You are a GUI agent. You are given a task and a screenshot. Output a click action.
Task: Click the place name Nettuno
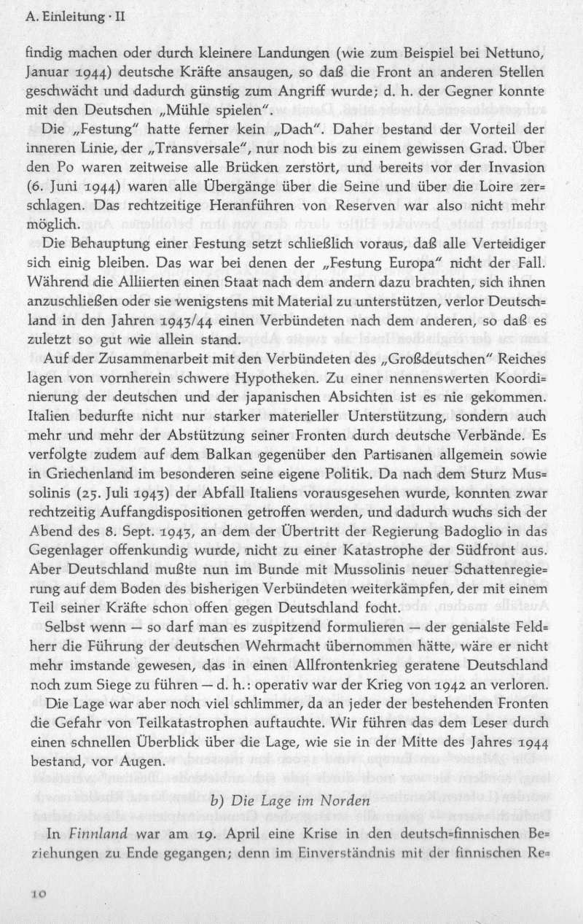tap(525, 52)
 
